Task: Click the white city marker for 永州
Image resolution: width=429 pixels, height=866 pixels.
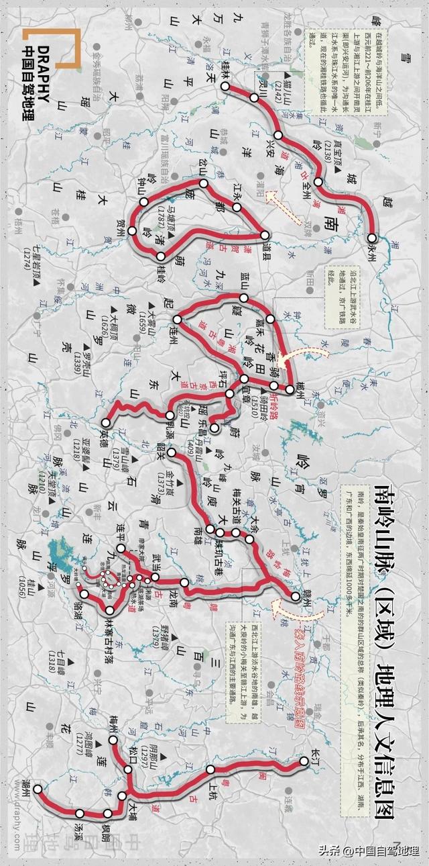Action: [372, 238]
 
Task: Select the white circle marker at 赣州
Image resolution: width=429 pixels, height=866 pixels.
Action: [296, 596]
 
